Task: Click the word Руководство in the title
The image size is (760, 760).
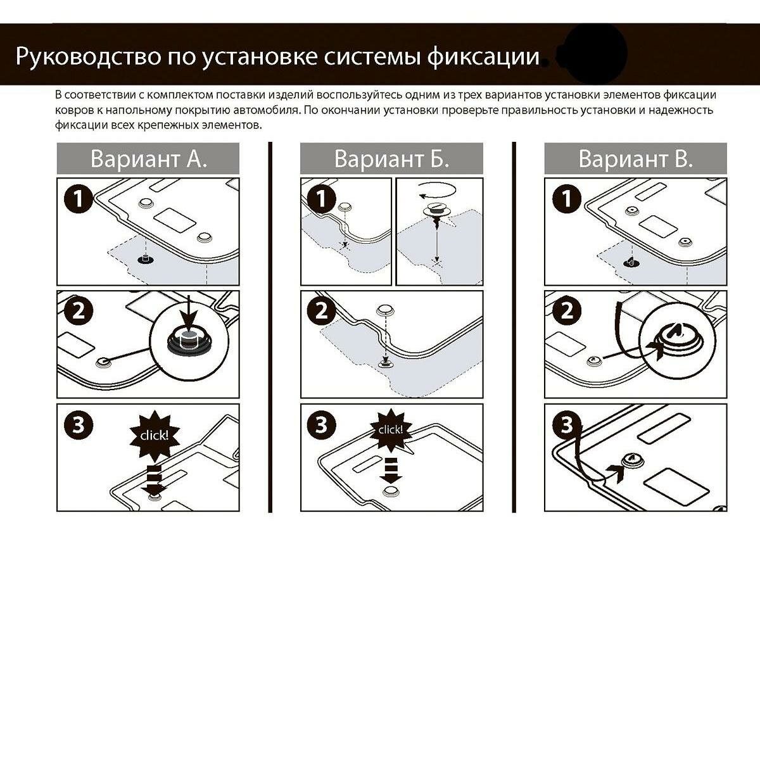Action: pos(89,56)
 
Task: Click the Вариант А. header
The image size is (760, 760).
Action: pos(148,158)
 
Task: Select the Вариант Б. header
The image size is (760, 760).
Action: pos(391,158)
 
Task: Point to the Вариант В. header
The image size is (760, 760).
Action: pos(635,158)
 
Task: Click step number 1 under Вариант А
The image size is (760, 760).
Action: pos(79,198)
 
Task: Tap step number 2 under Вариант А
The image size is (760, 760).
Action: pos(79,310)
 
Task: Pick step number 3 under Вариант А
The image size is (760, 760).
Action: pos(79,425)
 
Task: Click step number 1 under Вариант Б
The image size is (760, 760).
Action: pos(322,198)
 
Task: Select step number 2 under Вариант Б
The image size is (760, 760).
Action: pos(322,310)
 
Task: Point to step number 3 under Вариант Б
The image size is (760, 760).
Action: pos(322,425)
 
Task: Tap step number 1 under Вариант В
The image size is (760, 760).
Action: pos(567,198)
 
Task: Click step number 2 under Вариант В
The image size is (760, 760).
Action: pos(567,310)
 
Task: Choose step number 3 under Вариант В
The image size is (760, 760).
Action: pos(567,425)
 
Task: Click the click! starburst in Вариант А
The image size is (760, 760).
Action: pos(155,436)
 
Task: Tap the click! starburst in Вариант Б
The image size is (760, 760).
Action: pos(391,430)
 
